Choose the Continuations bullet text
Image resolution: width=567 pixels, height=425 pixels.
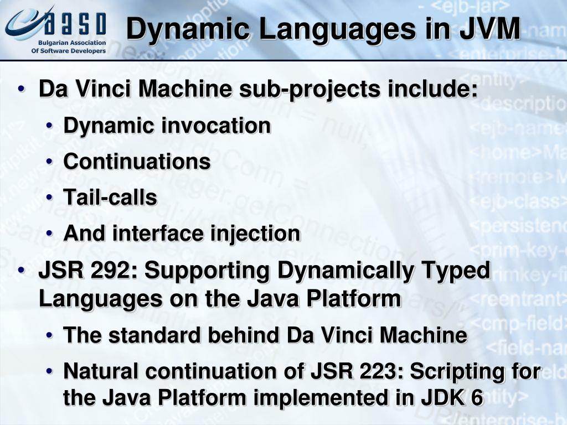(x=137, y=162)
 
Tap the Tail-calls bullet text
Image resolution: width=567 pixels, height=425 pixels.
(x=110, y=197)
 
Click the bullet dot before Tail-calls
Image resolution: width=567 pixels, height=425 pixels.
(x=50, y=198)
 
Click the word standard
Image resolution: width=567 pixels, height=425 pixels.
(x=146, y=335)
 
